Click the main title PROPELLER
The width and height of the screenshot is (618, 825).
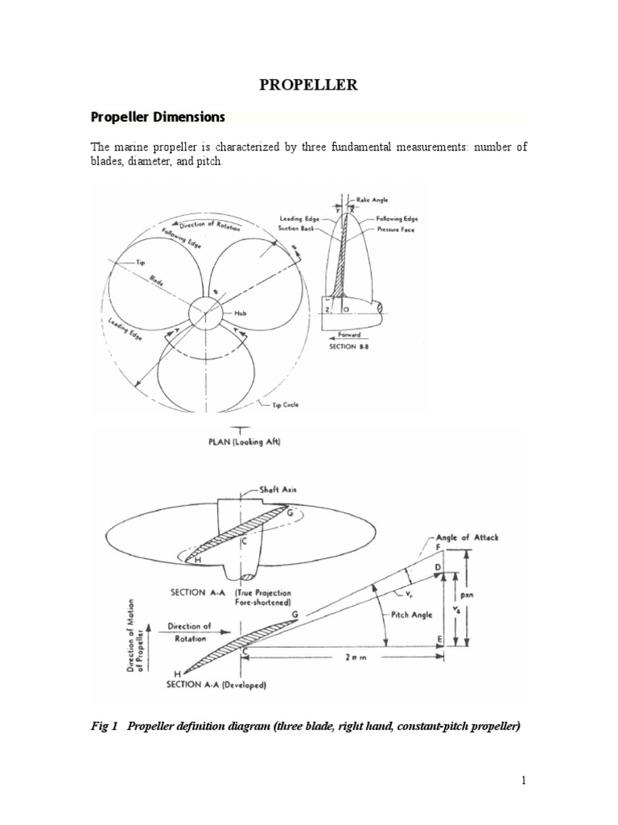(x=308, y=84)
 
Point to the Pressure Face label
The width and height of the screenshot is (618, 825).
(x=389, y=230)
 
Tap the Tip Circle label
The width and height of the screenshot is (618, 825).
(x=283, y=404)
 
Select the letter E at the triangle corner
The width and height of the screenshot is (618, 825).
(x=439, y=641)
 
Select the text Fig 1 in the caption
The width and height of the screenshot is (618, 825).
(x=105, y=727)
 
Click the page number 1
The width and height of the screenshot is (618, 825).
(x=522, y=781)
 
